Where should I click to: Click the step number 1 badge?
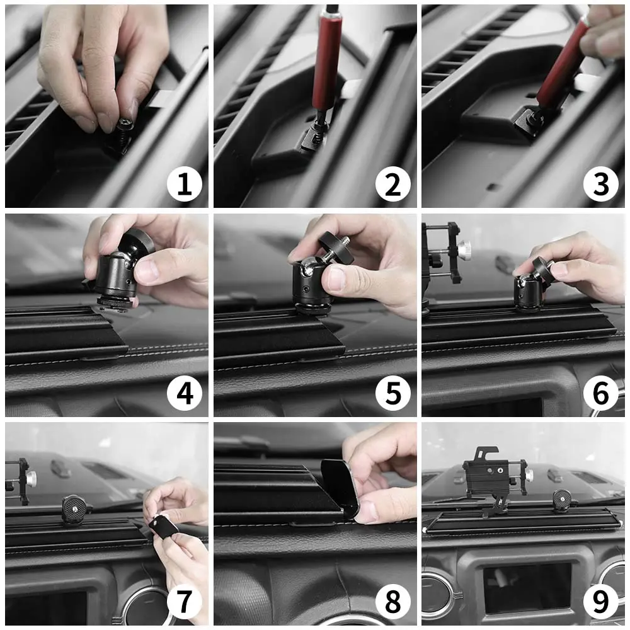click(x=185, y=185)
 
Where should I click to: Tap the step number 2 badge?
click(x=393, y=185)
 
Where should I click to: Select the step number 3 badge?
click(x=601, y=185)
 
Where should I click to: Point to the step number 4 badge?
click(x=185, y=393)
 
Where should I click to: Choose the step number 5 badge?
click(x=393, y=393)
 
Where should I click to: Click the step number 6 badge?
click(x=601, y=393)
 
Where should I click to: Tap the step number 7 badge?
click(x=185, y=602)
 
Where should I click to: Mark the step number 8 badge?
click(x=393, y=602)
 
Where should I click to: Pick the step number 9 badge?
click(x=601, y=602)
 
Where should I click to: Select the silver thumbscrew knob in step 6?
click(x=464, y=248)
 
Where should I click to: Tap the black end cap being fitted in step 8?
click(x=341, y=487)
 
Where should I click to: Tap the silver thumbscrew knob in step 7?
click(x=30, y=478)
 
